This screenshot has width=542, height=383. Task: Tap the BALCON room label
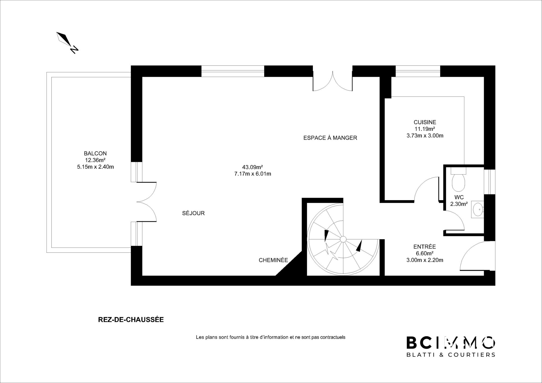coord(95,153)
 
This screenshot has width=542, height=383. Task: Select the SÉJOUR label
coord(193,213)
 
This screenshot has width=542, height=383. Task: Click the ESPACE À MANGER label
coord(330,138)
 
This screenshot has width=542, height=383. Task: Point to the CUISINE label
coord(425,122)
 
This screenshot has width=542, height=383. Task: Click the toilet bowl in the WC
coord(459,182)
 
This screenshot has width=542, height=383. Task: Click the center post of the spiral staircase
coord(343,239)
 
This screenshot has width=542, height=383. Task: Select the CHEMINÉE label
coord(273,260)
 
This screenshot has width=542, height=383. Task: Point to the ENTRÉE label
coord(424,247)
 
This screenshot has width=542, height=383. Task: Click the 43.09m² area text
coord(252,167)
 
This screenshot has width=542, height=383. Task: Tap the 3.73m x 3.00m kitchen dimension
coord(425,136)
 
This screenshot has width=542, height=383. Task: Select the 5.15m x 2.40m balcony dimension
coord(95,167)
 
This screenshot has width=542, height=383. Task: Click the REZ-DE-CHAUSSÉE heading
coord(131,320)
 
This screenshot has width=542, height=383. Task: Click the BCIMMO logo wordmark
coord(451,343)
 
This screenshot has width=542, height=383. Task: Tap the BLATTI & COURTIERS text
coord(451,355)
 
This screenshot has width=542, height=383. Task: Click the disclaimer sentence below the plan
coord(270,337)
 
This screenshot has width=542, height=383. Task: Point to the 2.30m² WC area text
coord(459,204)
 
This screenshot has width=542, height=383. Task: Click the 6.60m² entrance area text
coord(424,253)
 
